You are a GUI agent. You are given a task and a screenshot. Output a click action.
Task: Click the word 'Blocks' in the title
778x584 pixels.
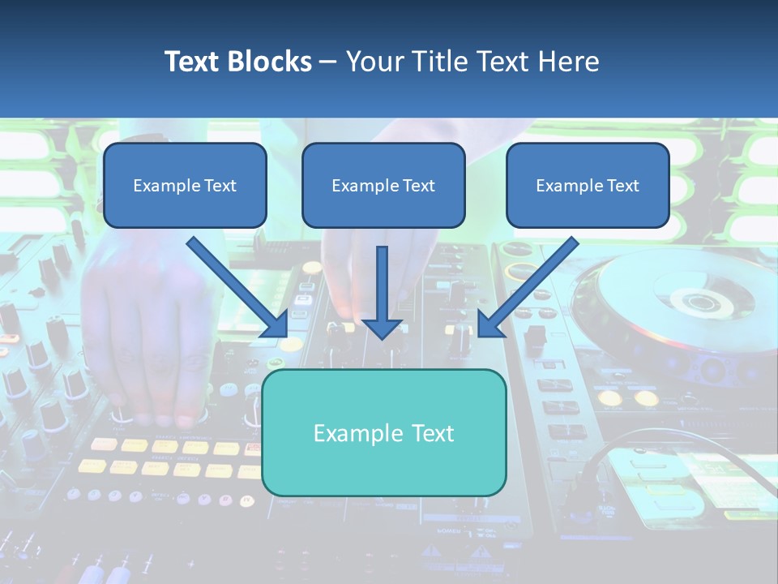[x=271, y=62]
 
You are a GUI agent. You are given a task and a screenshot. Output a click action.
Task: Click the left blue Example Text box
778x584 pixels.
[x=185, y=186]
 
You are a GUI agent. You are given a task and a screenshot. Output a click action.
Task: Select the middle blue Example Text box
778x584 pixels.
[x=383, y=186]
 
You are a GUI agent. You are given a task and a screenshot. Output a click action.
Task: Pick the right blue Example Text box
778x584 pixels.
[x=588, y=186]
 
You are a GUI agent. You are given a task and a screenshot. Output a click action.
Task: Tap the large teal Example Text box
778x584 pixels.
[x=383, y=433]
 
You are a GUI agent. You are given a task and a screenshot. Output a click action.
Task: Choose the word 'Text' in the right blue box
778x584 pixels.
[x=622, y=186]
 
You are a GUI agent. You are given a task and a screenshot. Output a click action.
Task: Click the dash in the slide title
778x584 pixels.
[x=328, y=62]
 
